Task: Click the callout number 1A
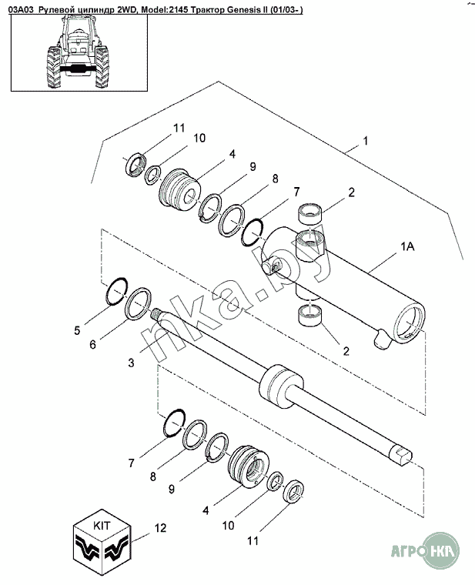point(407,246)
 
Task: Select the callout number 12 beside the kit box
point(160,528)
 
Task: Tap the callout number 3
point(131,363)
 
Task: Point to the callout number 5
point(77,330)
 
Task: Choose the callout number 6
point(93,344)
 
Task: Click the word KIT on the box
point(102,526)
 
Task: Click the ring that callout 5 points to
point(117,291)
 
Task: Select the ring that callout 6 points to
point(138,304)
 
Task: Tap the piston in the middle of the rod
point(281,387)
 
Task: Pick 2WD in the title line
point(125,10)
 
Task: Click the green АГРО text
point(408,551)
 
